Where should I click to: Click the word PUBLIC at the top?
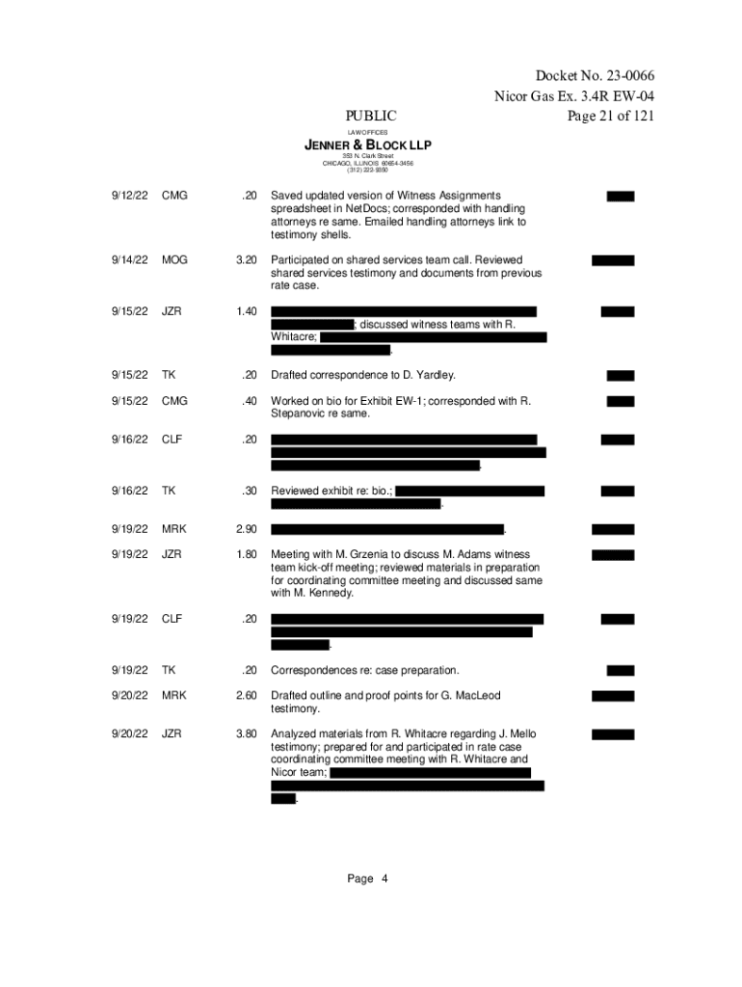371,117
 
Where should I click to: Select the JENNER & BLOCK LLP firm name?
368,145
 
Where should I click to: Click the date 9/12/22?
129,196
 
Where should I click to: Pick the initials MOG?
175,260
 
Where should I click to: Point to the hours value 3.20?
246,260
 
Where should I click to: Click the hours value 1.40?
246,311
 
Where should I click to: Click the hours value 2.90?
246,529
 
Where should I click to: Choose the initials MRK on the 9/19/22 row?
175,529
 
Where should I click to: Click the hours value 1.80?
246,554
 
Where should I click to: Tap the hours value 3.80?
246,734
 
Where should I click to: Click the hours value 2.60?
246,696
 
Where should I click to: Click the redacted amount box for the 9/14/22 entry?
613,260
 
